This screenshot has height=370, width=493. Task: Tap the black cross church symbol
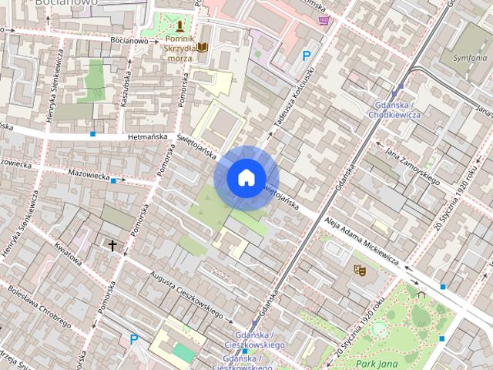coord(112,246)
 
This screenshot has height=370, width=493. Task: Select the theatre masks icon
coord(357,270)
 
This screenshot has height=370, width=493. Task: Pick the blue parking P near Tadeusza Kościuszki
coord(307,55)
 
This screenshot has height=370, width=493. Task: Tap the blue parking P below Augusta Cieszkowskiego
coord(134,339)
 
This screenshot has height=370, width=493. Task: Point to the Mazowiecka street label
coord(88,176)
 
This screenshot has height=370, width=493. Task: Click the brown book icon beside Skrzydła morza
coord(203,47)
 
